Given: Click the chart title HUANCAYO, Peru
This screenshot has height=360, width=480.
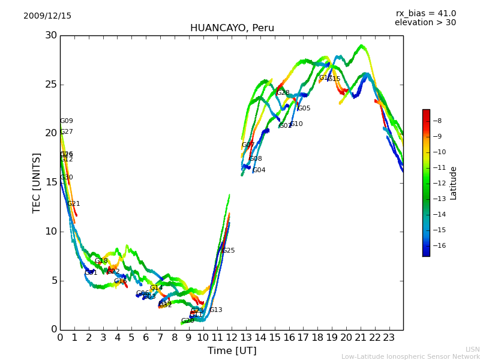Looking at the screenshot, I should [232, 28].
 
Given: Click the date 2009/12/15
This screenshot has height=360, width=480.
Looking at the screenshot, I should [47, 16].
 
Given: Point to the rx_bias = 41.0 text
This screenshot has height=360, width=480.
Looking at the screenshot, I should [425, 14].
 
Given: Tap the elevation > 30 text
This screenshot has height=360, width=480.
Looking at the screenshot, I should [425, 23].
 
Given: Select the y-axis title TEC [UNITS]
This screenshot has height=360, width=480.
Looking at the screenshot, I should [37, 182].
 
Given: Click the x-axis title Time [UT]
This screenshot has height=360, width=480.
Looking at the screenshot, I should [232, 350].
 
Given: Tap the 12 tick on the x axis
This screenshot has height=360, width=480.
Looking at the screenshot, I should [232, 337].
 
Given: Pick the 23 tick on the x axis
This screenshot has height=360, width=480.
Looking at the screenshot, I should [389, 337].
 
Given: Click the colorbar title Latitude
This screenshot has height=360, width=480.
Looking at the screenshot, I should [454, 183].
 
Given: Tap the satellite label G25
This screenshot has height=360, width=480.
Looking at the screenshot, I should [229, 251].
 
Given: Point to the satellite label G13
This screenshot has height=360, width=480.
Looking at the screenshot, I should [215, 310].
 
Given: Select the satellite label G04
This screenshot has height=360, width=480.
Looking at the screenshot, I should [259, 170].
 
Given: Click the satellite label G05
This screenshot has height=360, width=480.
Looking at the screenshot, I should [304, 109].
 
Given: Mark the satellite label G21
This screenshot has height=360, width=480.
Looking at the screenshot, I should [74, 204].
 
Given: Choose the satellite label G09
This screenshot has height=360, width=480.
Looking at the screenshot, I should [67, 121].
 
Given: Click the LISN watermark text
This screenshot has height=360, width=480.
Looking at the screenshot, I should [472, 349].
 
